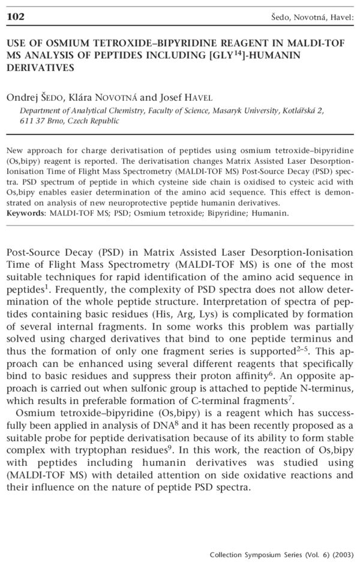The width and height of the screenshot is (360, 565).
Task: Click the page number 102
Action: [15, 16]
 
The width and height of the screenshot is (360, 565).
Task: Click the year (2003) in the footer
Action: [341, 554]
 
